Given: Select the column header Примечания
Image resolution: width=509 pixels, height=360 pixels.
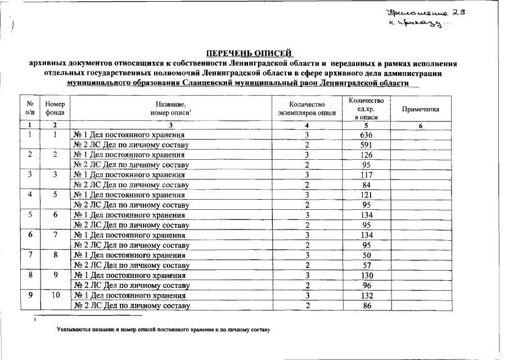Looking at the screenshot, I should click(420, 110).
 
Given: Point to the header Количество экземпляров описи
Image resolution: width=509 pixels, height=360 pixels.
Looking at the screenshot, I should click(307, 109).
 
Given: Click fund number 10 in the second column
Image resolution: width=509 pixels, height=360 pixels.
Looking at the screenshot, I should click(55, 295).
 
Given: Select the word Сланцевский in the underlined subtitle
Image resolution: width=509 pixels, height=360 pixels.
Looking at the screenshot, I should click(212, 83).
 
